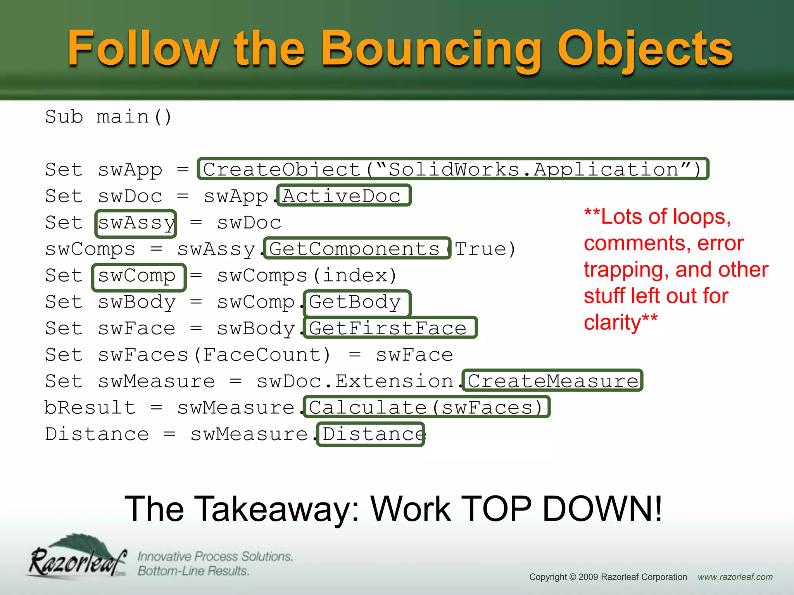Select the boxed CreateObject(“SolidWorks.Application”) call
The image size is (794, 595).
(x=452, y=169)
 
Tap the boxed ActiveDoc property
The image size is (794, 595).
(x=343, y=196)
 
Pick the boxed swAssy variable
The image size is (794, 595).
(x=136, y=223)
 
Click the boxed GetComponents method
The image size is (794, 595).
(x=356, y=248)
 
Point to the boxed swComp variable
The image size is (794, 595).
(x=138, y=277)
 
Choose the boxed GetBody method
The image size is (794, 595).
(x=356, y=302)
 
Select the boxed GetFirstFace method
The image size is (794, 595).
(x=390, y=328)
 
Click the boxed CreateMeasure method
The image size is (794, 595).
(x=552, y=381)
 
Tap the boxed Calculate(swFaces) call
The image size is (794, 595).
(x=426, y=407)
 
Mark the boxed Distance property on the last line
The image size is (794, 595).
(x=371, y=434)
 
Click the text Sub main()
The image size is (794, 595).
(x=108, y=117)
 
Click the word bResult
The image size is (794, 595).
(x=90, y=408)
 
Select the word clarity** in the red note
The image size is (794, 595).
(x=620, y=322)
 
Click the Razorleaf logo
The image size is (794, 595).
(x=78, y=558)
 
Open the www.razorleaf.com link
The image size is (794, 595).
(x=735, y=577)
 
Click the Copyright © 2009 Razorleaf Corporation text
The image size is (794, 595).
(x=608, y=577)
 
